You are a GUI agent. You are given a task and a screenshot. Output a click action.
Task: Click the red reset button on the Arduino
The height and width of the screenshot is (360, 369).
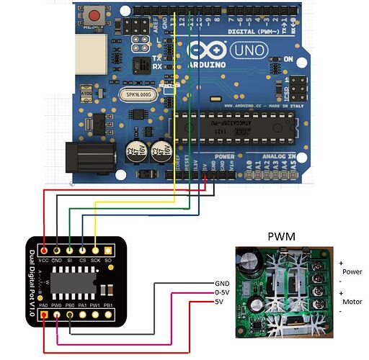pyautogui.click(x=93, y=14)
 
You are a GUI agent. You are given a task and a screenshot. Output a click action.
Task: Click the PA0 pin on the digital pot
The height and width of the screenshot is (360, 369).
pyautogui.click(x=45, y=315)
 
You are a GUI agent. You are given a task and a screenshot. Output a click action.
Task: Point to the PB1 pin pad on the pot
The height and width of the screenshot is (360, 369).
pyautogui.click(x=108, y=315)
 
